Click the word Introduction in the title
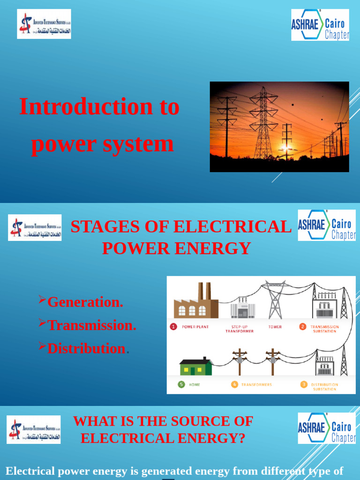pyautogui.click(x=86, y=107)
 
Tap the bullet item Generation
pyautogui.click(x=85, y=302)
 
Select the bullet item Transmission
pyautogui.click(x=92, y=325)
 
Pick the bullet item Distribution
pyautogui.click(x=86, y=348)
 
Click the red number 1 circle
pyautogui.click(x=173, y=327)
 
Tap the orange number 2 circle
pyautogui.click(x=303, y=327)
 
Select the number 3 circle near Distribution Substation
pyautogui.click(x=304, y=385)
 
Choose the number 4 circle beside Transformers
pyautogui.click(x=234, y=385)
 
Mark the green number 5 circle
pyautogui.click(x=181, y=385)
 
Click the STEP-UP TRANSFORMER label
pyautogui.click(x=240, y=329)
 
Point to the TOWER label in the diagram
pyautogui.click(x=275, y=327)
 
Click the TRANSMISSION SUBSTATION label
pyautogui.click(x=325, y=329)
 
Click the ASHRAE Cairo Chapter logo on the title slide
pyautogui.click(x=320, y=25)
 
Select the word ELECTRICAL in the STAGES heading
pyautogui.click(x=232, y=227)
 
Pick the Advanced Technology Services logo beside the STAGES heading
pyautogui.click(x=35, y=227)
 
